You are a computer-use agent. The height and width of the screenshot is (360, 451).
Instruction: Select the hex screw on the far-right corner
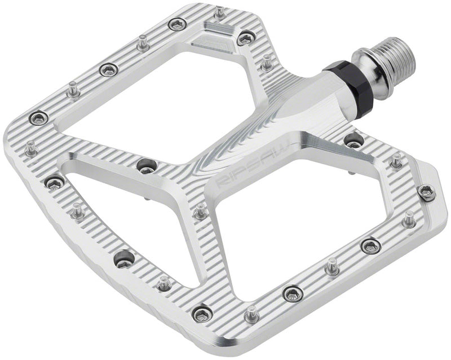tap(428, 191)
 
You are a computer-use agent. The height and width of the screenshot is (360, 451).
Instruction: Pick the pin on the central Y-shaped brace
tap(200, 213)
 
